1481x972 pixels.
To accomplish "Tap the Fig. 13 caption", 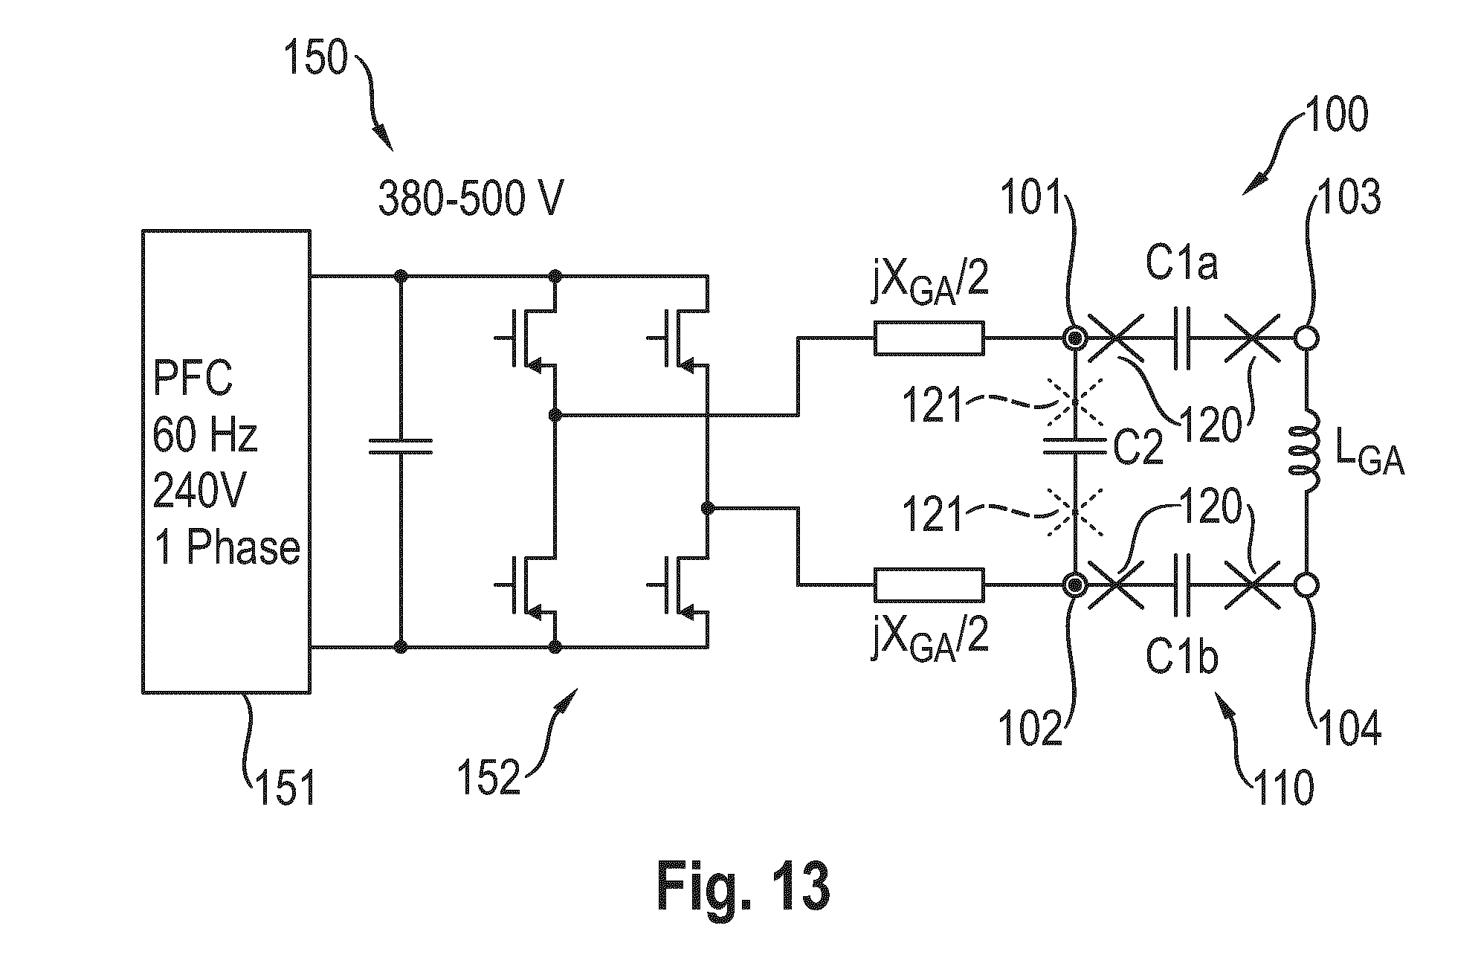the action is (743, 887).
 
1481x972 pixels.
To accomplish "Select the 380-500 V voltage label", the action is (471, 199).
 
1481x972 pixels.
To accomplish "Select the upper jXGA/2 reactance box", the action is (929, 338).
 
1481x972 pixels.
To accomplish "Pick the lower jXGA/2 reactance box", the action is (929, 585).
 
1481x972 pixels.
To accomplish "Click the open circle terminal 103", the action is (1307, 338).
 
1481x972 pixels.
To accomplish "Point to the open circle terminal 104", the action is (1307, 585).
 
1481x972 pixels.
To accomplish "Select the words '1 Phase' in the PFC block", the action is (227, 548).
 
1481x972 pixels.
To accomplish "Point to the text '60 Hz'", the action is (204, 434).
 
